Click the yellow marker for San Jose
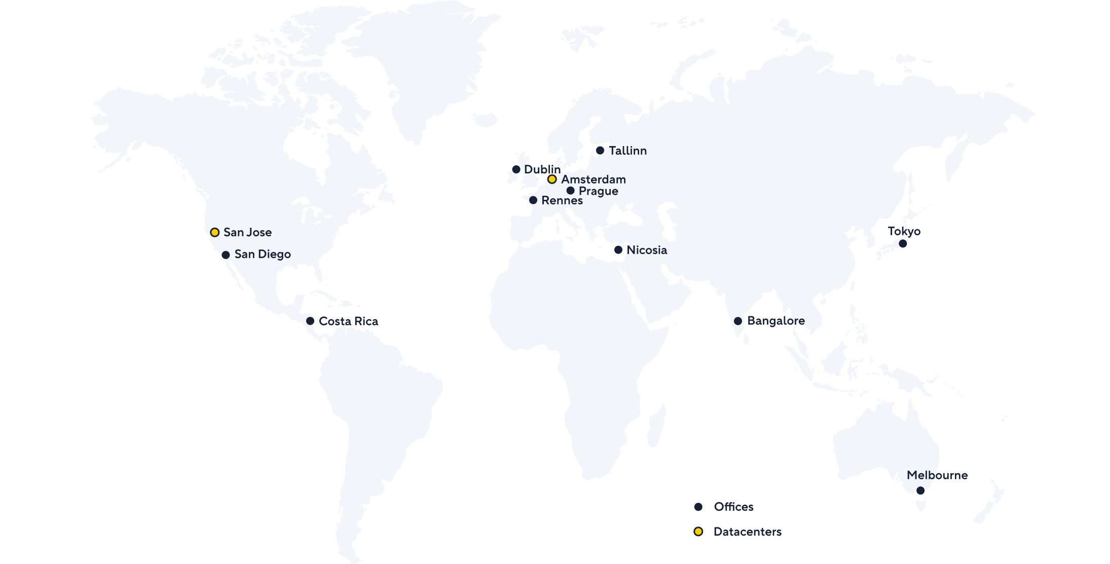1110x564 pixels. (x=215, y=232)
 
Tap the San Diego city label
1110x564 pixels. (x=263, y=254)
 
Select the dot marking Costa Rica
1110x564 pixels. (x=310, y=321)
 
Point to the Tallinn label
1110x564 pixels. (x=627, y=151)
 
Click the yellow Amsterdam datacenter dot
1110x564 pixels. (x=552, y=180)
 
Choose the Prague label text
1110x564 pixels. (x=598, y=191)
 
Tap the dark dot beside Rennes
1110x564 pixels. (x=533, y=200)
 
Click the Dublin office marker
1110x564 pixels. (x=516, y=169)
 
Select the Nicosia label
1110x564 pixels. (x=647, y=250)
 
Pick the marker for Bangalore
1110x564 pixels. (x=738, y=321)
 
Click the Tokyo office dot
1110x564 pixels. (x=903, y=243)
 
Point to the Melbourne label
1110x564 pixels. (x=937, y=475)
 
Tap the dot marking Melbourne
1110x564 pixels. (x=920, y=490)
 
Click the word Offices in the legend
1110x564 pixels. (x=733, y=507)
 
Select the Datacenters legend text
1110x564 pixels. (x=747, y=532)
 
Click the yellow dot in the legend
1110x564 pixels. (x=698, y=532)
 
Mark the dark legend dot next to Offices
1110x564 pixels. (x=698, y=507)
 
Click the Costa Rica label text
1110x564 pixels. (x=348, y=321)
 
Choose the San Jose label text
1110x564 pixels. (x=247, y=232)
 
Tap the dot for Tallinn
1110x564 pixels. (x=600, y=150)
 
